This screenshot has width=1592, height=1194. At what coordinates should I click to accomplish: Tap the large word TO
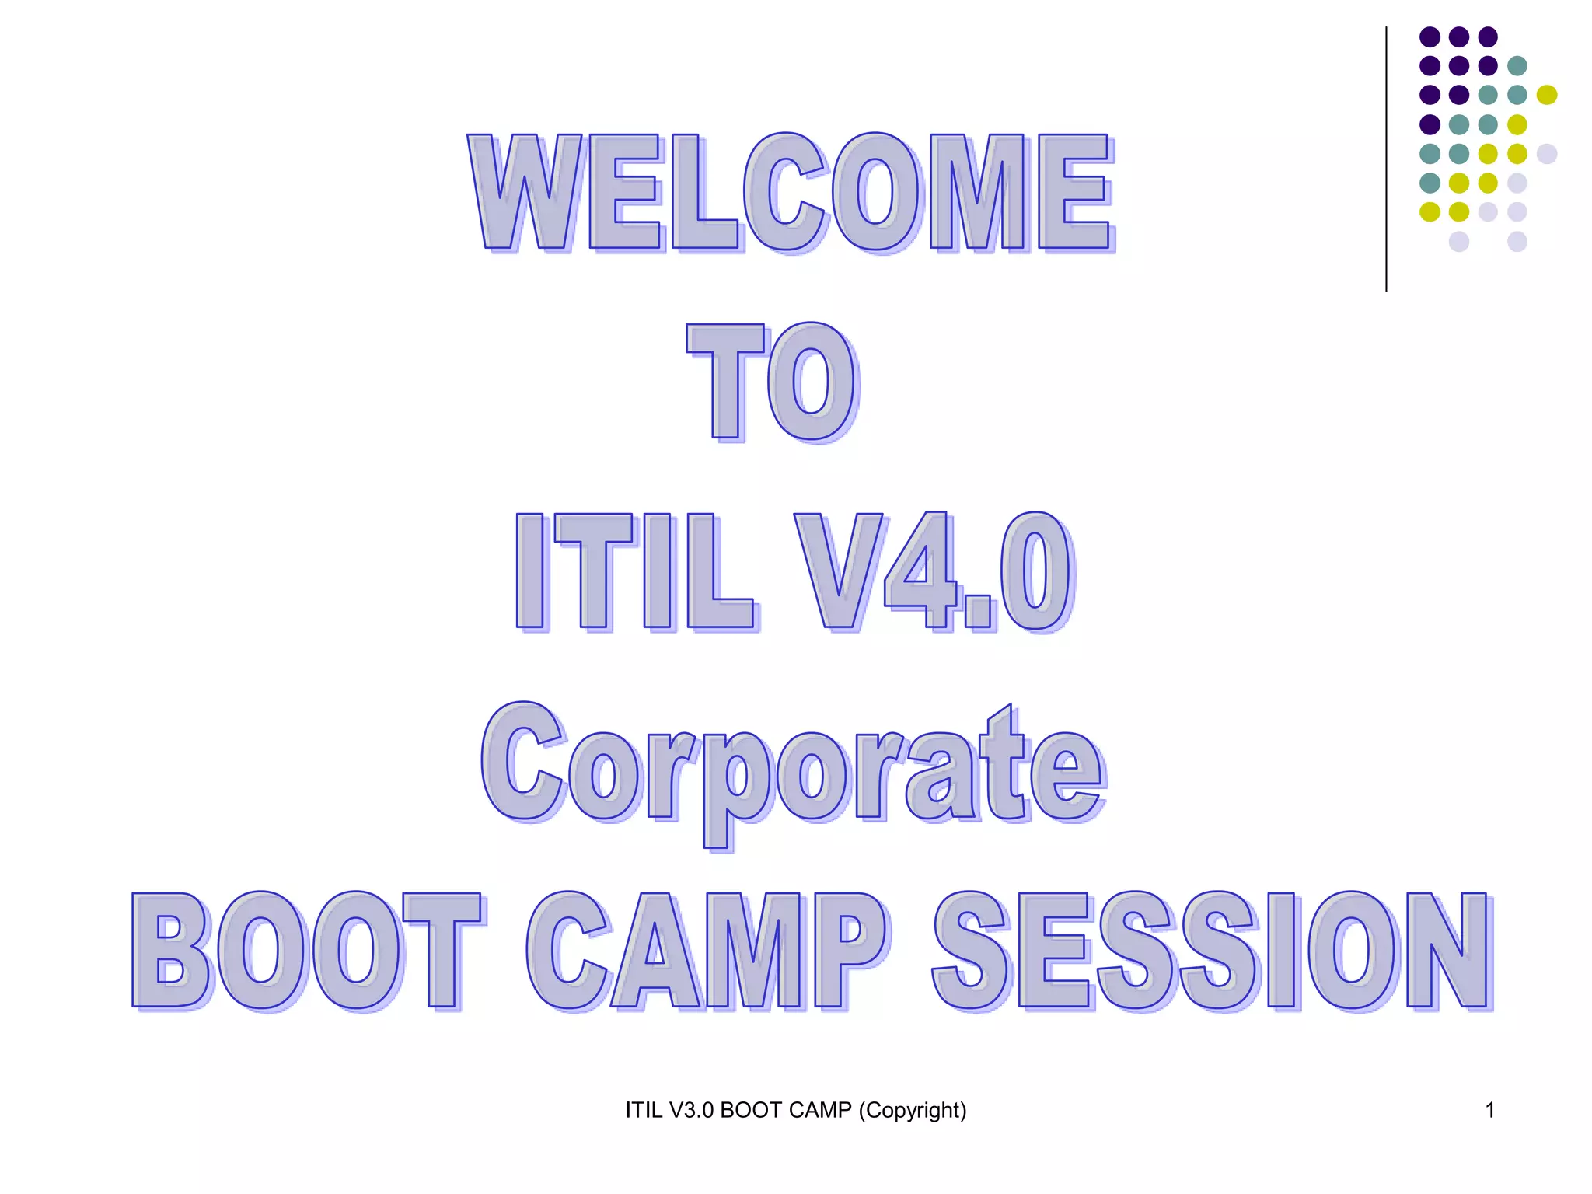pos(773,382)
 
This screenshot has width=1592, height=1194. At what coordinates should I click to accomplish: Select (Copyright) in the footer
pos(913,1110)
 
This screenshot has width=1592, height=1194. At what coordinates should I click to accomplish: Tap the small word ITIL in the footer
pos(644,1110)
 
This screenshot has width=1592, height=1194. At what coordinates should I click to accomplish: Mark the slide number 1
pos(1489,1110)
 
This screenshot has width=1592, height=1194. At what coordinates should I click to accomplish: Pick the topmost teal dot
pos(1517,66)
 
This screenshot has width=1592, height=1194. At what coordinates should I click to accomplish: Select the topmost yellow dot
pos(1546,95)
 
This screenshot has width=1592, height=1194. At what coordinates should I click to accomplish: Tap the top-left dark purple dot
pos(1430,37)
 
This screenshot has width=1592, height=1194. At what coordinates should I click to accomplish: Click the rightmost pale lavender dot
pos(1546,153)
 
